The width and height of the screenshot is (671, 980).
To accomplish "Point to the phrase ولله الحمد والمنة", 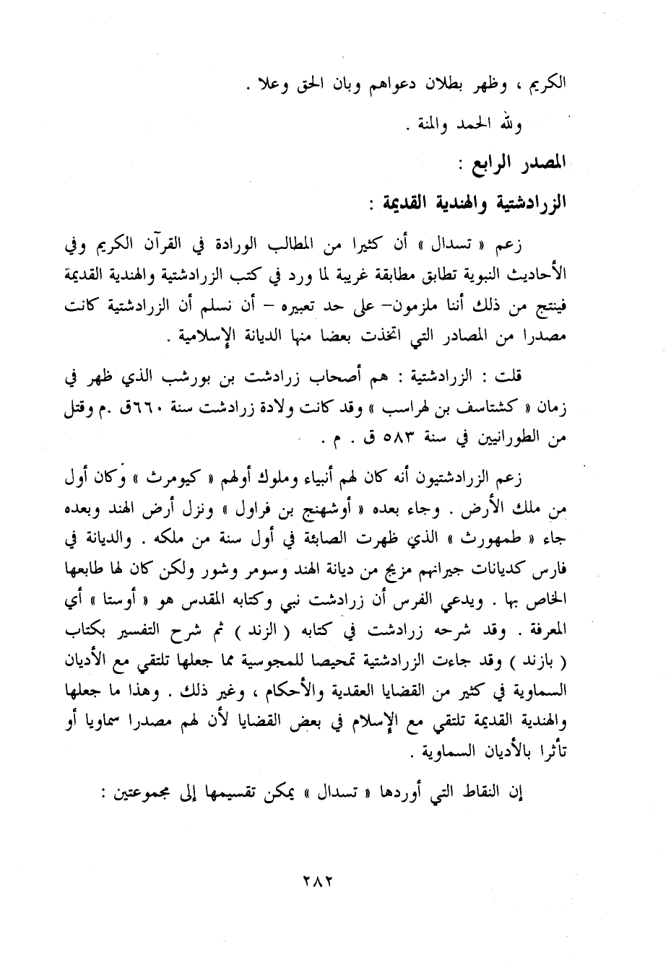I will pyautogui.click(x=462, y=128).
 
